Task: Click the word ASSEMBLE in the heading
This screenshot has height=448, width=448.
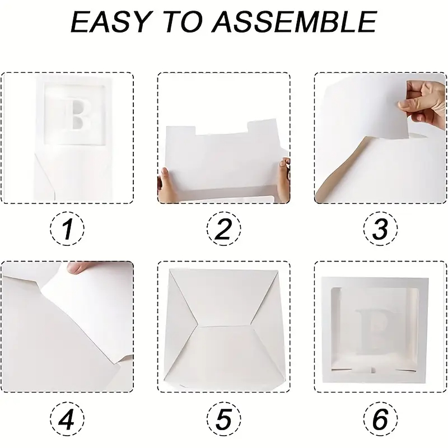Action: pyautogui.click(x=294, y=22)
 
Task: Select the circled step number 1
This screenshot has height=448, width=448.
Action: pyautogui.click(x=67, y=228)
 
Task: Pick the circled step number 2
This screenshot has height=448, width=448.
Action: pyautogui.click(x=224, y=228)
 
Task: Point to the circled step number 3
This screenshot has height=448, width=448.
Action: pyautogui.click(x=381, y=228)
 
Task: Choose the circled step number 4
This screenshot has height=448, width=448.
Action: pyautogui.click(x=67, y=419)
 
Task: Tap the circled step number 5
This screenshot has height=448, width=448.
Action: pyautogui.click(x=224, y=419)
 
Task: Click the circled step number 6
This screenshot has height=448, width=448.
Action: pyautogui.click(x=381, y=419)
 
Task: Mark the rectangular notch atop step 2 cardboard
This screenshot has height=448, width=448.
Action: pyautogui.click(x=221, y=128)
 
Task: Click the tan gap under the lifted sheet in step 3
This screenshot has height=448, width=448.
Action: pyautogui.click(x=342, y=169)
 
